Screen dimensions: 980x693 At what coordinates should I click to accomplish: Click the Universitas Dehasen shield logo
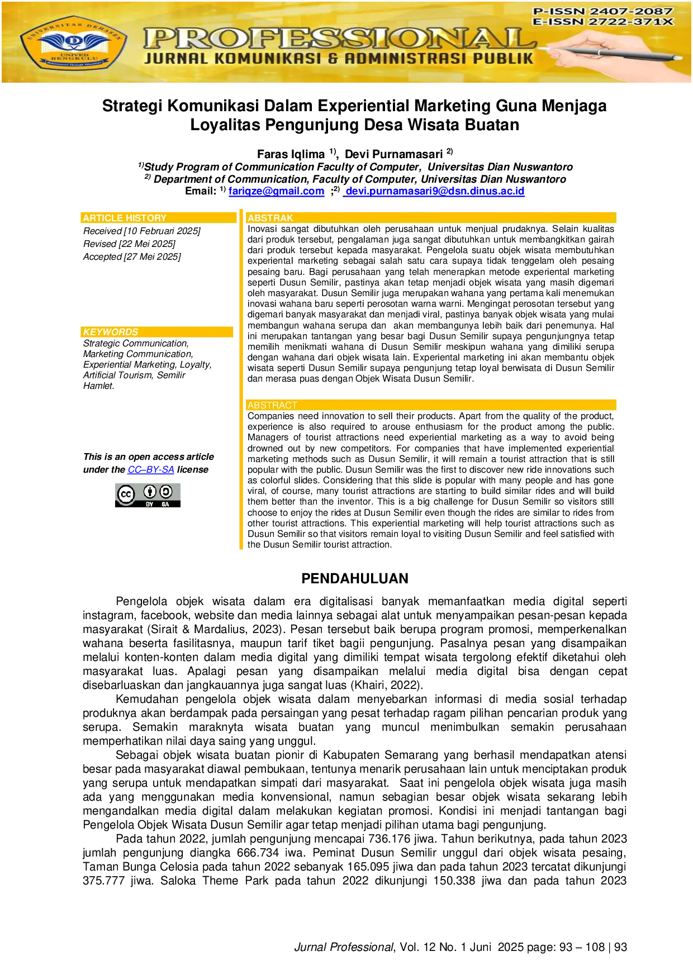click(x=74, y=44)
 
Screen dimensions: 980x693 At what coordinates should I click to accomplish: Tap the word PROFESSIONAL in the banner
click(x=338, y=39)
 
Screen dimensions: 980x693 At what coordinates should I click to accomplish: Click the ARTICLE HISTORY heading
click(x=125, y=218)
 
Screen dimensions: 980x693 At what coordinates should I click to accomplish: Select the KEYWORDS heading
click(x=111, y=332)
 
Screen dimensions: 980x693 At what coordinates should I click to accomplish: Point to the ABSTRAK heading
click(x=270, y=218)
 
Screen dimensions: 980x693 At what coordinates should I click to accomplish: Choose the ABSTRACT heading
click(x=272, y=405)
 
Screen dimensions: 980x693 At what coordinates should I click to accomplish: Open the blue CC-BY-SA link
click(x=150, y=470)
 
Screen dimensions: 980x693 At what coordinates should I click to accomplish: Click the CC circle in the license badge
click(x=126, y=494)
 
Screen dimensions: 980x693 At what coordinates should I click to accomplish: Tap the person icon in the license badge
click(x=150, y=492)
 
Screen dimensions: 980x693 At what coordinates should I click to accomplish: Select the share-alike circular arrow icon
click(x=166, y=492)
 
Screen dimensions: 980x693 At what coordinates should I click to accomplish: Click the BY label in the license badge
click(x=150, y=505)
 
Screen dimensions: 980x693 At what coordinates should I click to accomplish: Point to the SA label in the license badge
click(x=165, y=505)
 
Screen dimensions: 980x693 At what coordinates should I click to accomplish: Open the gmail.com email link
click(x=277, y=192)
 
